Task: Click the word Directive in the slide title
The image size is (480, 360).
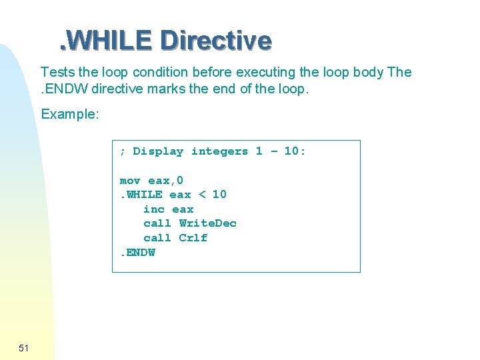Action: [x=217, y=41]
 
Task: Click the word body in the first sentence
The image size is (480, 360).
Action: [x=364, y=72]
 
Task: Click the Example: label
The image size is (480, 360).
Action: [x=70, y=114]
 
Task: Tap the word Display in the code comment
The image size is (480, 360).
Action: [x=158, y=151]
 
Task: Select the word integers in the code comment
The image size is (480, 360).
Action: [x=219, y=151]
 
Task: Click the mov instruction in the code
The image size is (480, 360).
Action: [x=130, y=181]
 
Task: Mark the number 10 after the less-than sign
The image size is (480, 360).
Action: [x=219, y=195]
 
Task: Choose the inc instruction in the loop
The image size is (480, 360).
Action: [x=154, y=209]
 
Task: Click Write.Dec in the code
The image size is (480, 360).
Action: [x=208, y=223]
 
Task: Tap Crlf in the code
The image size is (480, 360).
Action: [x=193, y=238]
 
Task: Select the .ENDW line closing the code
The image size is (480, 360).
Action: [x=137, y=253]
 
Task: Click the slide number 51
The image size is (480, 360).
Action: [x=24, y=347]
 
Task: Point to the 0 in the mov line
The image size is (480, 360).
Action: [x=180, y=181]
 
